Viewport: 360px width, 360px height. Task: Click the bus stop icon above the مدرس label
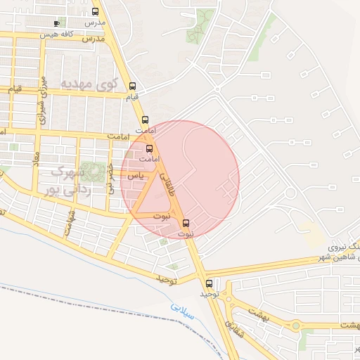point(96,12)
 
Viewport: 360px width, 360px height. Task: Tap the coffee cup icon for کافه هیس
point(57,22)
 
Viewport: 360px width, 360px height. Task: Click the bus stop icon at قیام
point(133,87)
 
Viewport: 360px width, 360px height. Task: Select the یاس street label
point(139,173)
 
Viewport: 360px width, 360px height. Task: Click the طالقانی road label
point(169,184)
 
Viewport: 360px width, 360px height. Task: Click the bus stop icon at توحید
point(208,283)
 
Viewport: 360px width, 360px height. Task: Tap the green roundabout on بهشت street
point(295,325)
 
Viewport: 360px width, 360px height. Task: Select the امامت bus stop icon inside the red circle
point(149,148)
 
